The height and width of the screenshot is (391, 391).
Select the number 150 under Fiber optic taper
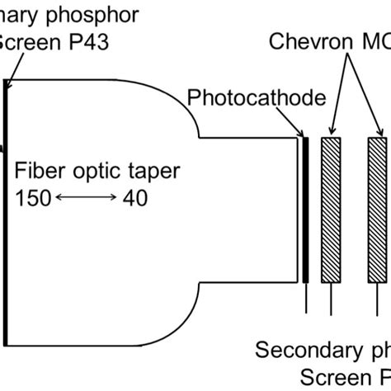[x=32, y=197]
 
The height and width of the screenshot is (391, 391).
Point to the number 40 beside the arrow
[x=138, y=197]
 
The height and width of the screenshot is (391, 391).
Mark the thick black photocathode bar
[x=305, y=210]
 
